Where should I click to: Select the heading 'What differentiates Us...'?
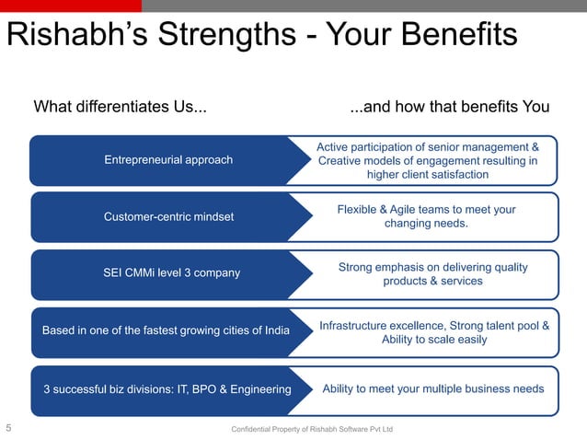click(x=120, y=107)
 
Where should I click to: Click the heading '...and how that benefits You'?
click(x=450, y=107)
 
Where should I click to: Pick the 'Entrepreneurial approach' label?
click(x=168, y=160)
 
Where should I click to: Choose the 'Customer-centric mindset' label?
click(x=168, y=217)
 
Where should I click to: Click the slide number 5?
click(x=8, y=428)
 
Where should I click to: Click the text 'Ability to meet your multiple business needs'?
click(x=432, y=388)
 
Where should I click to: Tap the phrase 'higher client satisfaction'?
click(x=428, y=175)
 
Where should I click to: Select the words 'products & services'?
click(x=432, y=281)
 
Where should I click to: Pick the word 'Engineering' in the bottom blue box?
click(x=259, y=389)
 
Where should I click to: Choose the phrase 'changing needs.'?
click(x=426, y=224)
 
